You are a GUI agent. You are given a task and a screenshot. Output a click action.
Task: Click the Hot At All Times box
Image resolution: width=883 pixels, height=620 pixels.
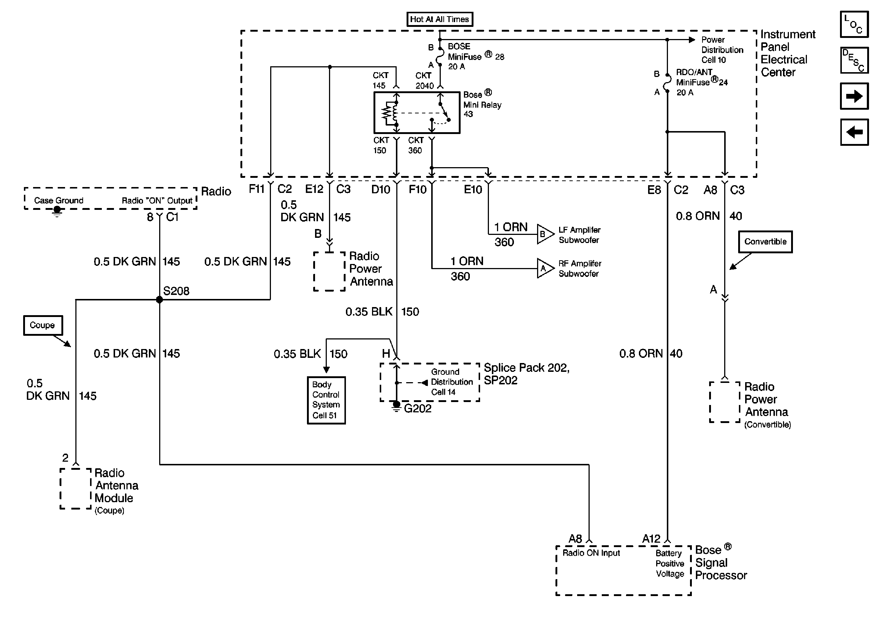440,19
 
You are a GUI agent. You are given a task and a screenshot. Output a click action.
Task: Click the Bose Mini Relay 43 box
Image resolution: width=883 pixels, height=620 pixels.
417,112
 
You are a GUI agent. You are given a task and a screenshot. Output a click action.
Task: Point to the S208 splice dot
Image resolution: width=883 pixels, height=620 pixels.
159,300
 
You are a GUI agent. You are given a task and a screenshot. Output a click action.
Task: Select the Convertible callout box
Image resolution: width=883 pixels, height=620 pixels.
765,242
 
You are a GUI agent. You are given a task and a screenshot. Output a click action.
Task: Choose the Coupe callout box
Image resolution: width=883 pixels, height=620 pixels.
43,325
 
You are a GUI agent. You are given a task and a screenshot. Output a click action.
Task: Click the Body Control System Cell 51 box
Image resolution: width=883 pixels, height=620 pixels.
326,400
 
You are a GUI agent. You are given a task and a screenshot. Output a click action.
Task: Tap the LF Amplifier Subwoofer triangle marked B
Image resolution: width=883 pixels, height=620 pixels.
544,234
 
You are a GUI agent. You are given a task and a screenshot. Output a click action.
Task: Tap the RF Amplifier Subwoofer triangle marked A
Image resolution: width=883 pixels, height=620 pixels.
544,268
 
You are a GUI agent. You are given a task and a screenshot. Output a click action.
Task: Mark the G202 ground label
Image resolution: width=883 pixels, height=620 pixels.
418,409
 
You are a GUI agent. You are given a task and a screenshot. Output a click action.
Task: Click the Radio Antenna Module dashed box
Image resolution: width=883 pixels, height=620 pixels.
76,489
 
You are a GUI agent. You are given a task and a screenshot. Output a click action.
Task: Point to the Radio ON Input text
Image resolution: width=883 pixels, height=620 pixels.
591,553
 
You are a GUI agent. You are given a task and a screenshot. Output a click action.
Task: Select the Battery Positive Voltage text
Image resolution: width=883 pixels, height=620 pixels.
669,563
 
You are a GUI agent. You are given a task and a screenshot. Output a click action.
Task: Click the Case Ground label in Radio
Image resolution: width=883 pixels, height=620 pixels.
58,201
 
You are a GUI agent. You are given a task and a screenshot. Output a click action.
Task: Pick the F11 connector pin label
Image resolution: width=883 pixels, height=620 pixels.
257,189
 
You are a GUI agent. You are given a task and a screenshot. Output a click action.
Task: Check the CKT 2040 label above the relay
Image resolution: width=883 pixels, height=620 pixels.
424,81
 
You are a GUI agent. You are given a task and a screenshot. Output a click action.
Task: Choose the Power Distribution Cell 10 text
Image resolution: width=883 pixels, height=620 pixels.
722,50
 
